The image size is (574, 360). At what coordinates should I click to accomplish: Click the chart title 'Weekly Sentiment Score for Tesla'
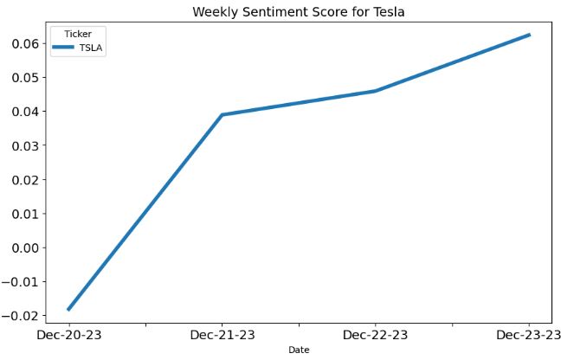(299, 11)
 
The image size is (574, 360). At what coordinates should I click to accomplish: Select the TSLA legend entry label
(92, 48)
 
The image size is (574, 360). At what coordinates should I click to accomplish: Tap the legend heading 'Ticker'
(78, 34)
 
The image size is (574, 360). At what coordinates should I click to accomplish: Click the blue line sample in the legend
(64, 48)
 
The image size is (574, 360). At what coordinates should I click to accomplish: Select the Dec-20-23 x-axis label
(68, 335)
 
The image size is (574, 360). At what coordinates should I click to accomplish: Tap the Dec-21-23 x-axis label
(222, 335)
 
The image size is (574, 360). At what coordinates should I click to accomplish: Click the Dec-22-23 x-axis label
(376, 335)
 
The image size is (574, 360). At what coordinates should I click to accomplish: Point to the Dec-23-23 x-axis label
(528, 335)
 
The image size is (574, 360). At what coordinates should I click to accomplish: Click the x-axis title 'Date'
(299, 350)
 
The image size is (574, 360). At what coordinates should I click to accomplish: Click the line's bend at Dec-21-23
(222, 114)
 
